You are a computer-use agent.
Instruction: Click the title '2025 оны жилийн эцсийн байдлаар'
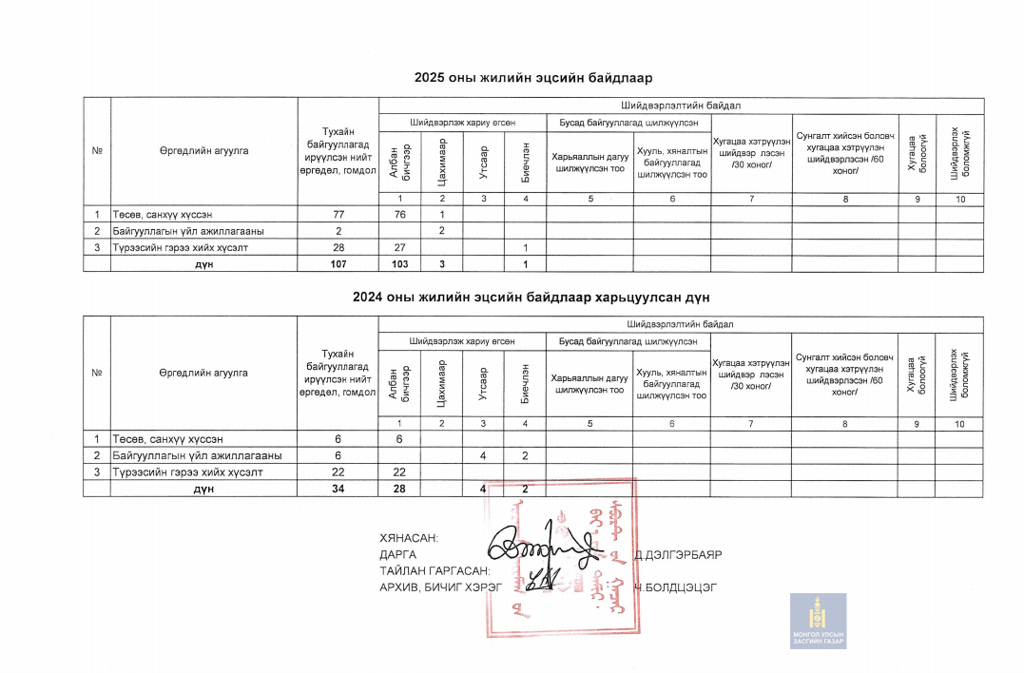[532, 77]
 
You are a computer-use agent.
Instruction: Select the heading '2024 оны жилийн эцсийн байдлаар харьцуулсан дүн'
[531, 298]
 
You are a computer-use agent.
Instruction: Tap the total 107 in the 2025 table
[338, 264]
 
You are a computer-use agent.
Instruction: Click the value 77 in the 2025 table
[338, 215]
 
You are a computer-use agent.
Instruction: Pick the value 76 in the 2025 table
[399, 215]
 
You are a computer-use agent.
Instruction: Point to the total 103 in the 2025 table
[399, 264]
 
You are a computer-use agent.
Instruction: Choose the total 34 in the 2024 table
[338, 489]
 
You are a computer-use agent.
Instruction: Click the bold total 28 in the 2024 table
[399, 489]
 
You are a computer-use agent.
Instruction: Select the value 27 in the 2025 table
[399, 248]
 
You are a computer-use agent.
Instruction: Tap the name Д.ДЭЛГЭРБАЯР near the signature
[678, 554]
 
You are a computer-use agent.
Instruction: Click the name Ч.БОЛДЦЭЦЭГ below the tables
[677, 586]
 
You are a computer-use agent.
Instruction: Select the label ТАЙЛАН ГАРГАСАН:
[435, 570]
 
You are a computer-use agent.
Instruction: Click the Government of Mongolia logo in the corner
[818, 622]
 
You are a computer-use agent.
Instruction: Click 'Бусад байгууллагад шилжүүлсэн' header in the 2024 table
[628, 340]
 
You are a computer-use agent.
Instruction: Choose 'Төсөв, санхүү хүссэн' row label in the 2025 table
[168, 215]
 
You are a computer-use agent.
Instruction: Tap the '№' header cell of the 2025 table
[97, 150]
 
